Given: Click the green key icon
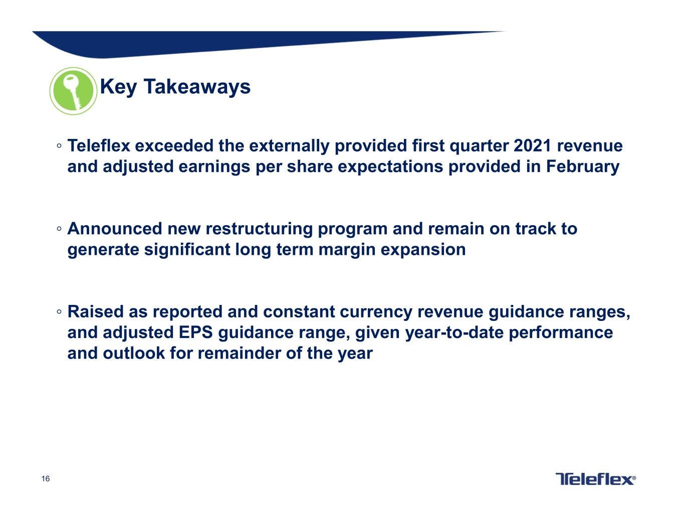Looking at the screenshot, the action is click(73, 91).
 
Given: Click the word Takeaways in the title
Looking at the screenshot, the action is click(197, 87).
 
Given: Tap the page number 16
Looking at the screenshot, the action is click(46, 479).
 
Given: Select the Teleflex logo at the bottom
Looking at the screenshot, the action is click(595, 479).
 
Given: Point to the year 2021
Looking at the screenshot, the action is click(532, 146).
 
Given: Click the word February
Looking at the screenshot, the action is click(583, 166).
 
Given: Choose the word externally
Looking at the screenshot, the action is click(289, 146).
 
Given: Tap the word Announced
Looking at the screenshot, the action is click(115, 229).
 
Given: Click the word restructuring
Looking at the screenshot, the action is click(259, 230).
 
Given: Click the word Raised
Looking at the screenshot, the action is click(96, 312).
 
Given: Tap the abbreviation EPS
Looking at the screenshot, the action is click(196, 332).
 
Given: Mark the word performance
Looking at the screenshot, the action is click(561, 333).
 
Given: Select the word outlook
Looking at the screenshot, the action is click(134, 353).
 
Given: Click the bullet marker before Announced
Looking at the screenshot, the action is click(59, 229).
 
